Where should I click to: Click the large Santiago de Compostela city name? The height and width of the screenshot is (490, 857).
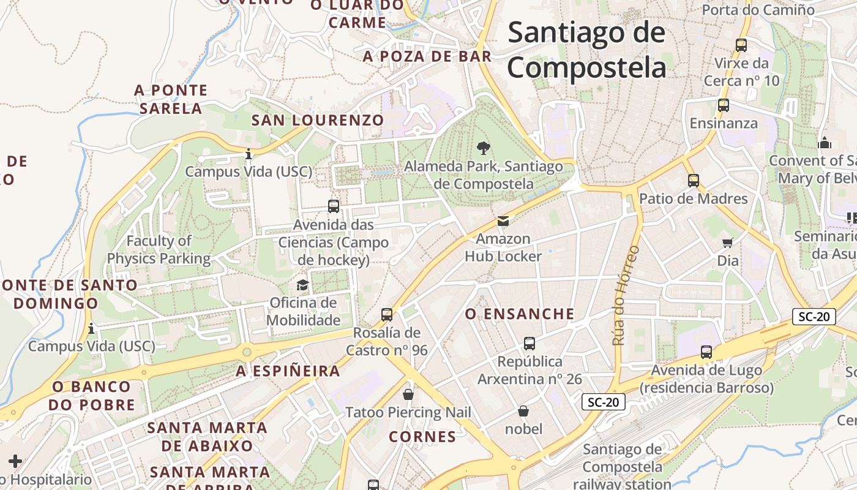(x=586, y=49)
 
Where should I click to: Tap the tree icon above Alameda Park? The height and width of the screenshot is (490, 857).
(x=484, y=148)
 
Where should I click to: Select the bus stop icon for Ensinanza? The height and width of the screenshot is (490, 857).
(x=724, y=105)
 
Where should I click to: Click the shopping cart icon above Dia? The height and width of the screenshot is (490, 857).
(x=728, y=243)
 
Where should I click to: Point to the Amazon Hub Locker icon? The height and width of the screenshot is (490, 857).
(x=503, y=221)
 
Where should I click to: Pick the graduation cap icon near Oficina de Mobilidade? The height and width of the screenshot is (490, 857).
(x=302, y=285)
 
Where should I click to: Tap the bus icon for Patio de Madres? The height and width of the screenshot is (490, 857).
(x=694, y=181)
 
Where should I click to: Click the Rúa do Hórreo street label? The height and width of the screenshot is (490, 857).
(x=625, y=295)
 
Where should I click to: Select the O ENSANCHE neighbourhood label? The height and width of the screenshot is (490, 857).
(x=520, y=314)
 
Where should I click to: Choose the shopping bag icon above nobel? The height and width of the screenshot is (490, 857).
(x=523, y=410)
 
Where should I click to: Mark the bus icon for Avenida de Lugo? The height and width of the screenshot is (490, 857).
(x=706, y=352)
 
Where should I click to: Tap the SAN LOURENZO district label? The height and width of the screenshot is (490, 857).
(x=318, y=120)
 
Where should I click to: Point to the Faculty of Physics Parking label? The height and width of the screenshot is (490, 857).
(x=159, y=249)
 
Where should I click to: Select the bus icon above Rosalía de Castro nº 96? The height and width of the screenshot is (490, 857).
(x=387, y=315)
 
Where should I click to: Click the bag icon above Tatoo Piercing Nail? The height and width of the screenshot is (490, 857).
(x=408, y=394)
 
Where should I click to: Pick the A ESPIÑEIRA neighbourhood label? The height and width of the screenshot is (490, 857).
(x=288, y=371)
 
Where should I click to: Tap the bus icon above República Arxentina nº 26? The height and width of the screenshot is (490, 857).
(x=530, y=344)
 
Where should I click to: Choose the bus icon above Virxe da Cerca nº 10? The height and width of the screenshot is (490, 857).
(x=741, y=45)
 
